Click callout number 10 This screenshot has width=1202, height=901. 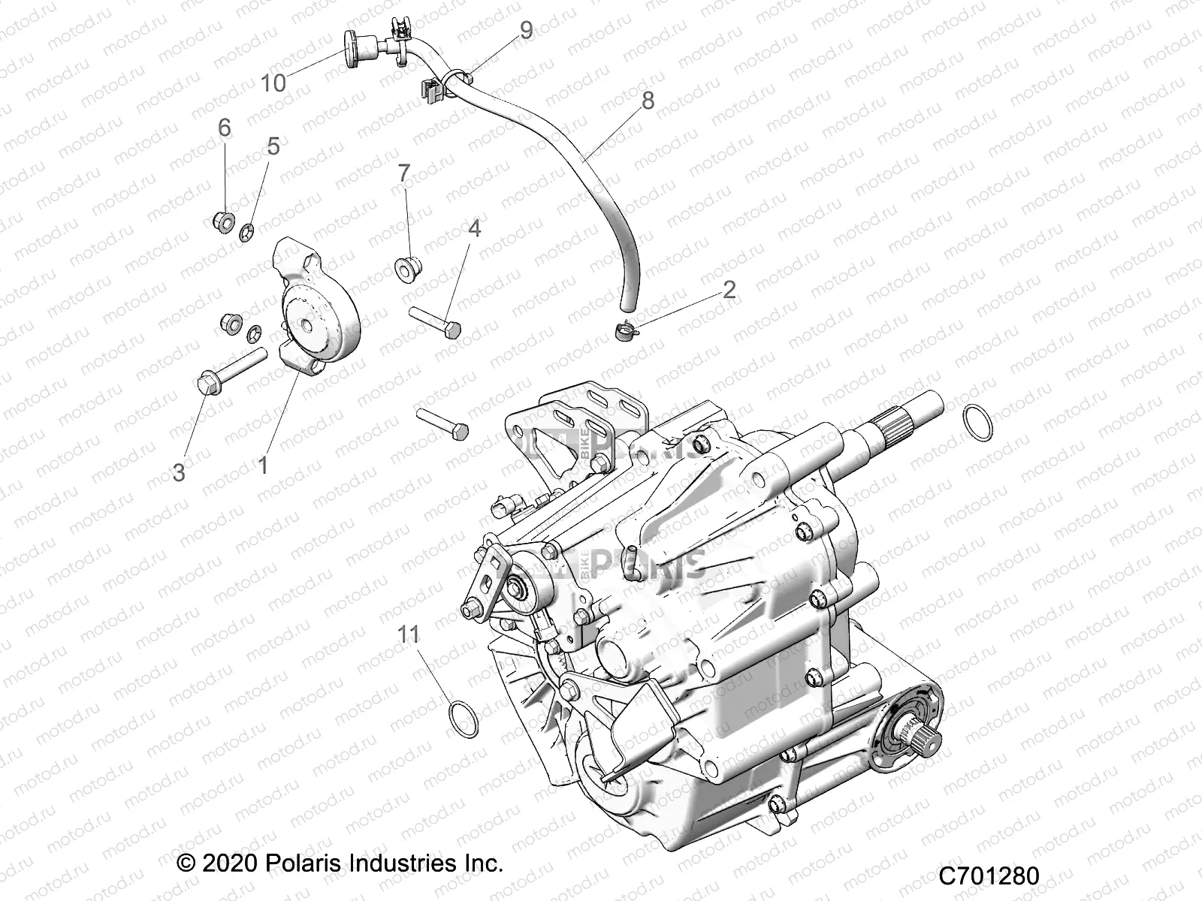pos(273,82)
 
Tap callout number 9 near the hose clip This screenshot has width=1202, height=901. pos(526,31)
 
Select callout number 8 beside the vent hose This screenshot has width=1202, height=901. pos(647,100)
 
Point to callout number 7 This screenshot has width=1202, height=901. pos(404,173)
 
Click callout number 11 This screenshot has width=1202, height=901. pos(409,635)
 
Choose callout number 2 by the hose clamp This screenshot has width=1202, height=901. pos(729,290)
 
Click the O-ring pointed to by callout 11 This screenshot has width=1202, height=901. pos(464,717)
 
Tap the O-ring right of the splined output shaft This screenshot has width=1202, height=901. pos(977,423)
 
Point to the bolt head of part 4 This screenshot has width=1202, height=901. pos(453,330)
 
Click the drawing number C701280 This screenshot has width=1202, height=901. pos(989,876)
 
